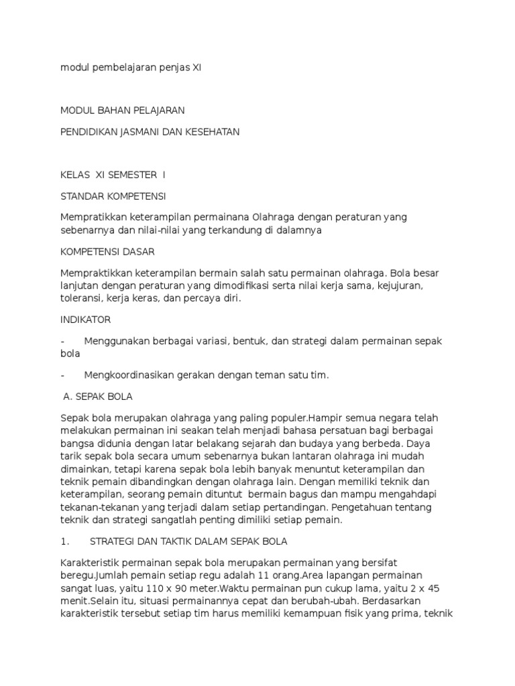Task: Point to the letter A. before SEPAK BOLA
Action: (x=67, y=396)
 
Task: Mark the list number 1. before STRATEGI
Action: (x=64, y=541)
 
